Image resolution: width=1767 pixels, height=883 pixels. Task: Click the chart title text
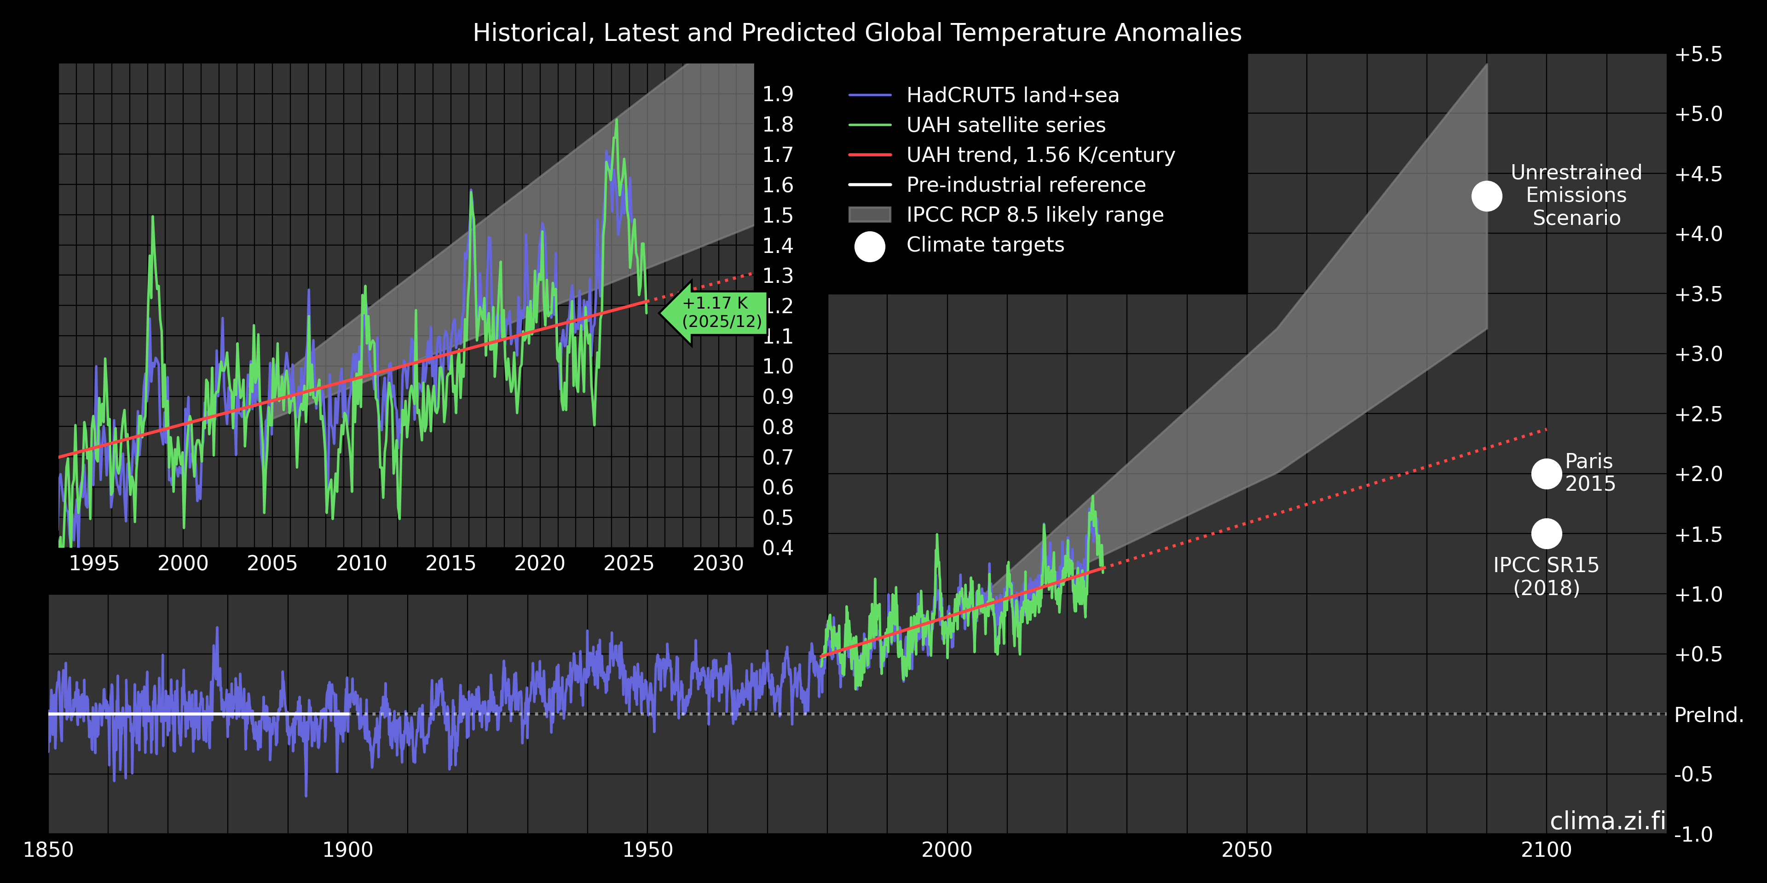pos(857,33)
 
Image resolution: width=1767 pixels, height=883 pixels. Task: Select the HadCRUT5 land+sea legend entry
pos(1012,95)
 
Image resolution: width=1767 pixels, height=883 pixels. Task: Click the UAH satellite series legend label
pos(1005,126)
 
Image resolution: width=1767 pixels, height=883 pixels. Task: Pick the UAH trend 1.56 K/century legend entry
pos(1040,155)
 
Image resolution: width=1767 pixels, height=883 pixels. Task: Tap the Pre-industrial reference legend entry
pos(1026,185)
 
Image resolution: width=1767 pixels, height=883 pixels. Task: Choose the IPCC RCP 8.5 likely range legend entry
pos(1034,215)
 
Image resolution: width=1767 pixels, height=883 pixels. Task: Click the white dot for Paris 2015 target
pos(1546,474)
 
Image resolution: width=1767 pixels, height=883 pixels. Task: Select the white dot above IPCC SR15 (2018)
pos(1546,533)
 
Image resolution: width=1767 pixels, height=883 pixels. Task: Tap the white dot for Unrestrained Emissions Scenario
pos(1486,196)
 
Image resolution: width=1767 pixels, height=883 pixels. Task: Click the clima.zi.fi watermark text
pos(1607,820)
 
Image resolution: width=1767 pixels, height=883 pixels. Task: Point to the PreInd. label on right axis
pos(1709,715)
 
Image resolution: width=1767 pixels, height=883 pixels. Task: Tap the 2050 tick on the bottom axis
pos(1247,850)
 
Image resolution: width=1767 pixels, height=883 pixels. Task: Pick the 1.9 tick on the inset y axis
pos(778,94)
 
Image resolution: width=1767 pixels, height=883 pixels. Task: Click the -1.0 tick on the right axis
pos(1693,834)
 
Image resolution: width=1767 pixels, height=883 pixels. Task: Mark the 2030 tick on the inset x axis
pos(718,563)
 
